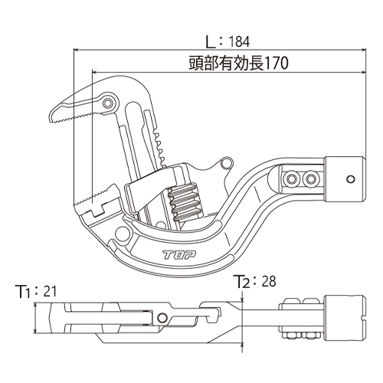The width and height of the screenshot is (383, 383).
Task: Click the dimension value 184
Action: [x=239, y=41]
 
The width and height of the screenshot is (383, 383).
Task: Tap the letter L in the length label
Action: [x=211, y=42]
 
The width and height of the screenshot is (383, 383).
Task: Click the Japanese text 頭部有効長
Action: [x=226, y=64]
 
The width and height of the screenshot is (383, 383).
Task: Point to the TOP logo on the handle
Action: [x=179, y=254]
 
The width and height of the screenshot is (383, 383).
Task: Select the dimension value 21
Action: [x=50, y=291]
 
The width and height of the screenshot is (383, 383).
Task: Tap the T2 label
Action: [x=242, y=281]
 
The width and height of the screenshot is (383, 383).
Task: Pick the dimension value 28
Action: [x=269, y=281]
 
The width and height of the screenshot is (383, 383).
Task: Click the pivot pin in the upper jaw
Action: [x=107, y=103]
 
